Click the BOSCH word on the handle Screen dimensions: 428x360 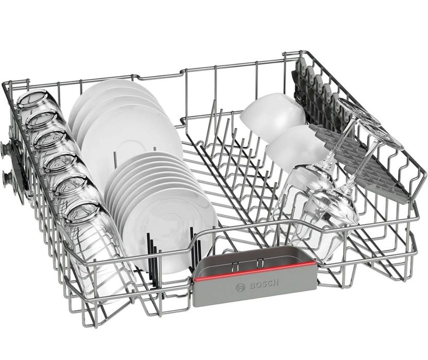pyautogui.click(x=264, y=284)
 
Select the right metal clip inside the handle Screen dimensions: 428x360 pyautogui.click(x=259, y=263)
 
